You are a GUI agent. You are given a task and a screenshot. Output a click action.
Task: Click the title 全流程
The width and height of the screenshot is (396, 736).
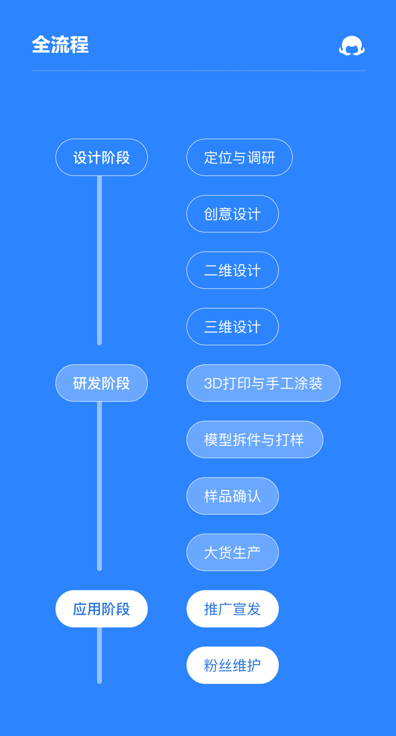[x=60, y=45]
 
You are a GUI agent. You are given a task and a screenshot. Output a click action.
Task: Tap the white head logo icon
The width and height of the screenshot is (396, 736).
[x=352, y=46]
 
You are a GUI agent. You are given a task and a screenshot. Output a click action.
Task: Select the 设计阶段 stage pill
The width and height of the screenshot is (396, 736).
[x=102, y=157]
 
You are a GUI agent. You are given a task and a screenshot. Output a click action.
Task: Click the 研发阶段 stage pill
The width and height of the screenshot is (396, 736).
[x=102, y=383]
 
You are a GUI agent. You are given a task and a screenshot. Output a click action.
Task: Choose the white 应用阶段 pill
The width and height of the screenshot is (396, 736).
[x=102, y=609]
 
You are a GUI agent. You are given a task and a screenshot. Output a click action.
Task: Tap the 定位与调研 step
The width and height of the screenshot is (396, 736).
[x=239, y=157]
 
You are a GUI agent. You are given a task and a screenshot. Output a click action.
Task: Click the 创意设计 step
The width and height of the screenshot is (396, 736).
[x=232, y=214]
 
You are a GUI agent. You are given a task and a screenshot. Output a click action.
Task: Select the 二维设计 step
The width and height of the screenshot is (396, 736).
[x=232, y=270]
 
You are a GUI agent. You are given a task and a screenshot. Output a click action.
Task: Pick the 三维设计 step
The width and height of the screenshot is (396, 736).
[x=232, y=327]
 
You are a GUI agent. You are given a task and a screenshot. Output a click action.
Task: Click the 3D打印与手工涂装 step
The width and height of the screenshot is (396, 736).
[x=263, y=383]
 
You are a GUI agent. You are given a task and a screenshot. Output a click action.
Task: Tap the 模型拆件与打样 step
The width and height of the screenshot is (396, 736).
[x=254, y=440]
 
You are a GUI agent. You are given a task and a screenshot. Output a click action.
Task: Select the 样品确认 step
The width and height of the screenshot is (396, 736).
[x=232, y=496]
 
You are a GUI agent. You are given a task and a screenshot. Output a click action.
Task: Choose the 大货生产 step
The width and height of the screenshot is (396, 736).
[x=232, y=553]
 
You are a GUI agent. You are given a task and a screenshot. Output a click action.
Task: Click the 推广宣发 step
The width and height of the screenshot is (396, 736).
[x=232, y=609]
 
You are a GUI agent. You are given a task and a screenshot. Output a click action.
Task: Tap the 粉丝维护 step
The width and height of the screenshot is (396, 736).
[x=232, y=665]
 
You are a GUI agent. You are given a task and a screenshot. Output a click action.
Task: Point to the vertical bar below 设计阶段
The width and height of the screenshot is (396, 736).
[x=99, y=260]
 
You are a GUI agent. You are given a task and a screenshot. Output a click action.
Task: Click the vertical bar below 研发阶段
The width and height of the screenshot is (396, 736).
[x=99, y=486]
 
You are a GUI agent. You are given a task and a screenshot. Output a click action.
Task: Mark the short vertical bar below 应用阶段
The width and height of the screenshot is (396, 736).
[x=99, y=655]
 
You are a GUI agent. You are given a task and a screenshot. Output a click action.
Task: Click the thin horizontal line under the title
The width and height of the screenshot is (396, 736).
[x=198, y=70]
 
